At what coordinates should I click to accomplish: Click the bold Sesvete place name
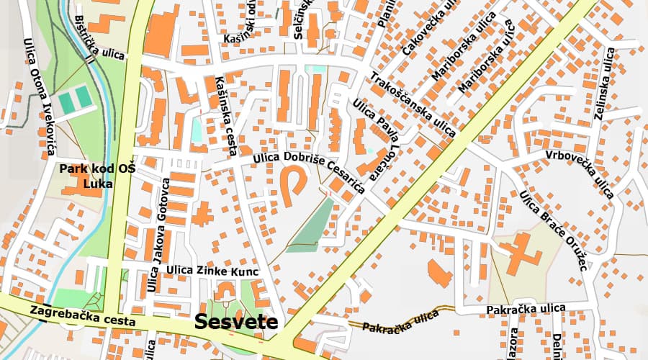coord(236,321)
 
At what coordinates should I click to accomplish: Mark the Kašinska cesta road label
coord(226,115)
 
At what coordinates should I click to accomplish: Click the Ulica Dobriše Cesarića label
coord(310,173)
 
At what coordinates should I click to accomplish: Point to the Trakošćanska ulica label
coord(413,104)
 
